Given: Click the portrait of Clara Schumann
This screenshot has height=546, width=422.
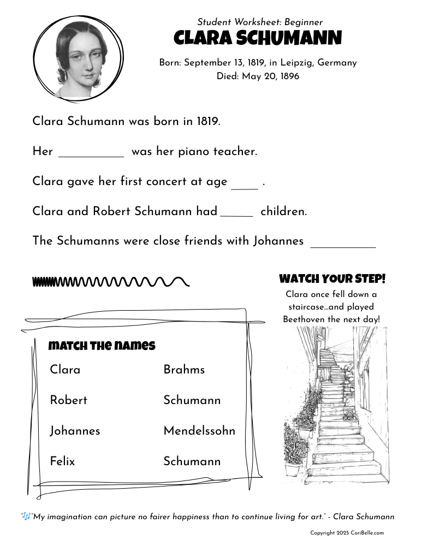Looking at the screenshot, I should tap(80, 57).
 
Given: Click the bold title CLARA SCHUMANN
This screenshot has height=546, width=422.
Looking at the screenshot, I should tap(258, 38).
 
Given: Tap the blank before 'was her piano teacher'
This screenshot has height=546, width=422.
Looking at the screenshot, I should tap(91, 153).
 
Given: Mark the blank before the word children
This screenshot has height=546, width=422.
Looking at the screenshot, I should tap(237, 213).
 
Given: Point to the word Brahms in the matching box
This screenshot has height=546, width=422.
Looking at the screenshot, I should tap(184, 370).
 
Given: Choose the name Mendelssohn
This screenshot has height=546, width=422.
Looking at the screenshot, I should tap(199, 431).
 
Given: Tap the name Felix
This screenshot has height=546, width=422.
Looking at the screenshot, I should tap(62, 461).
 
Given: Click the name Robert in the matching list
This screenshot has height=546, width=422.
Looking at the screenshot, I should tap(68, 400).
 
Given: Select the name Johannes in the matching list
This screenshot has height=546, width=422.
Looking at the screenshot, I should tap(75, 431).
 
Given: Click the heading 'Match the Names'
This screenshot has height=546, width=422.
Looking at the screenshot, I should tap(102, 346).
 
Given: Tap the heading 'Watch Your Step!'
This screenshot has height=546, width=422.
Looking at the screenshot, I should tap(332, 279).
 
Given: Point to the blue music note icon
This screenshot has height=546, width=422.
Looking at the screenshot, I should tap(26, 516).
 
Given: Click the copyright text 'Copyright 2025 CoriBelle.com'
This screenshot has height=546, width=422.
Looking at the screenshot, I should tap(347, 533).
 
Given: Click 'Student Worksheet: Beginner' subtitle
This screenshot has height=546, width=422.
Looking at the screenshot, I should tap(260, 22).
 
